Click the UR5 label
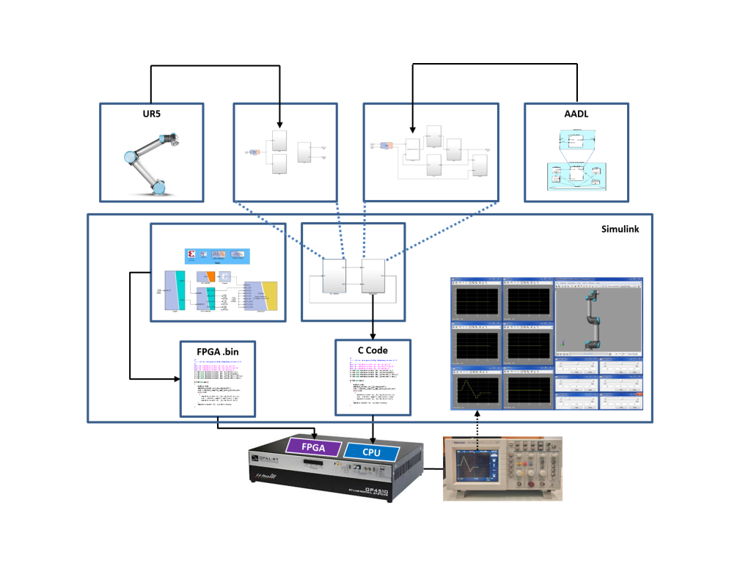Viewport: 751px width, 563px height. click(151, 116)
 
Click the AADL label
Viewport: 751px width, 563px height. click(576, 116)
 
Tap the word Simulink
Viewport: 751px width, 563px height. click(620, 229)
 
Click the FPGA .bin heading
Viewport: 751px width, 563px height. click(218, 352)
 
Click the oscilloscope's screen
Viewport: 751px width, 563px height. click(472, 466)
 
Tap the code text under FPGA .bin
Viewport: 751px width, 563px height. click(218, 384)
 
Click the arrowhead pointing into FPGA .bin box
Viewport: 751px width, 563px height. click(177, 379)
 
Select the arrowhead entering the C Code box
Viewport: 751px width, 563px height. click(373, 335)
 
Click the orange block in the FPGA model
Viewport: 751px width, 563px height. click(210, 276)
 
